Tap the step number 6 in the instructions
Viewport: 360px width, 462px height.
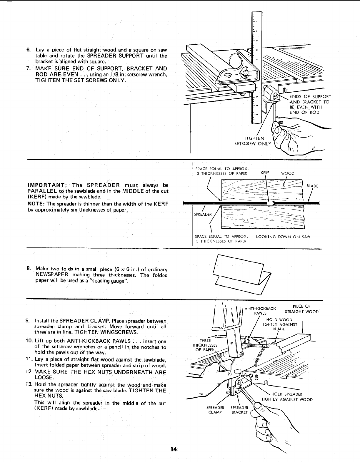click(29, 50)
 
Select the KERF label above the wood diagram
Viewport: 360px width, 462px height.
click(265, 173)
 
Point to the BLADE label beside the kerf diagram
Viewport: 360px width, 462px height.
click(312, 186)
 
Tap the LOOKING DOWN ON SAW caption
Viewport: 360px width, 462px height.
click(283, 237)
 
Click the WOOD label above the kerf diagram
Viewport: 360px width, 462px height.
click(287, 173)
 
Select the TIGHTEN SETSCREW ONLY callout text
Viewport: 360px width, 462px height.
click(252, 141)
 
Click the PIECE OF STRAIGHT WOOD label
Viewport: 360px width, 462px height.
click(301, 309)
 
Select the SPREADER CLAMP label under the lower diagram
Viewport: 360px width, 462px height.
click(215, 410)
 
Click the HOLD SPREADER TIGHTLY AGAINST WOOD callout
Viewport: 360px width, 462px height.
click(287, 397)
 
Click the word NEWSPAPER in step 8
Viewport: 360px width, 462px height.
click(52, 275)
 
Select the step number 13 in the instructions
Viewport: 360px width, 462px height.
click(30, 385)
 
